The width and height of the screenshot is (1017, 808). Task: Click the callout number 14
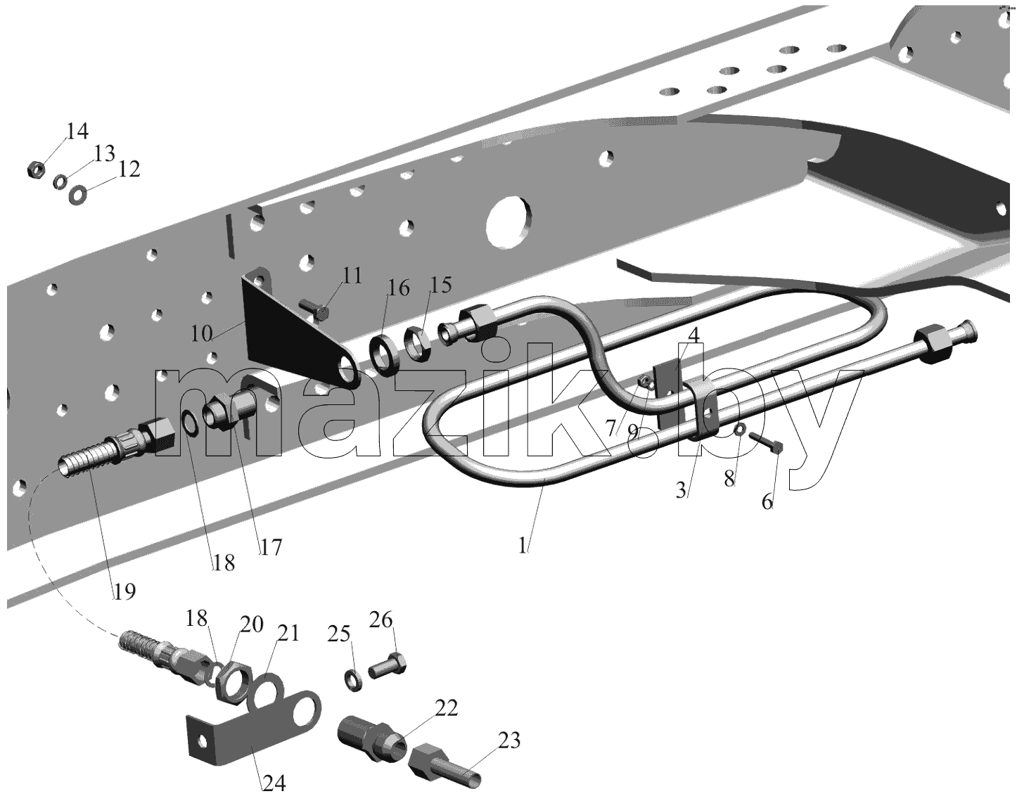[77, 131]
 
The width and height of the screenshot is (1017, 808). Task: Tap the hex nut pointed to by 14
[36, 169]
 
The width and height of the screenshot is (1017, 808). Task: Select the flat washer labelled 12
[78, 195]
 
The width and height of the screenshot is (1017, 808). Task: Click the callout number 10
[202, 334]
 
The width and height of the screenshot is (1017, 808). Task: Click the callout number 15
[441, 285]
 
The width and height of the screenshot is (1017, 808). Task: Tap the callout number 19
[124, 591]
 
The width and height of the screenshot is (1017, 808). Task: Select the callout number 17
[271, 548]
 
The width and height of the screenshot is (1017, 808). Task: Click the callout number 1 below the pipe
[522, 546]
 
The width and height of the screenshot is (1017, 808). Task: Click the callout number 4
[693, 335]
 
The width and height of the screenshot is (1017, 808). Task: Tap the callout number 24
[274, 783]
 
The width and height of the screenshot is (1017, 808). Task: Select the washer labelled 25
[354, 680]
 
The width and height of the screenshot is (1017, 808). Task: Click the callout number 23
[509, 740]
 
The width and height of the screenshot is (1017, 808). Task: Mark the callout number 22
[447, 708]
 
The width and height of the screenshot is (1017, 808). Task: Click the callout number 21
[288, 634]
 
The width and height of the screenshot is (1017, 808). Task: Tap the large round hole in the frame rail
[509, 220]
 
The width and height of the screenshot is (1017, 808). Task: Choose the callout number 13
[104, 153]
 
